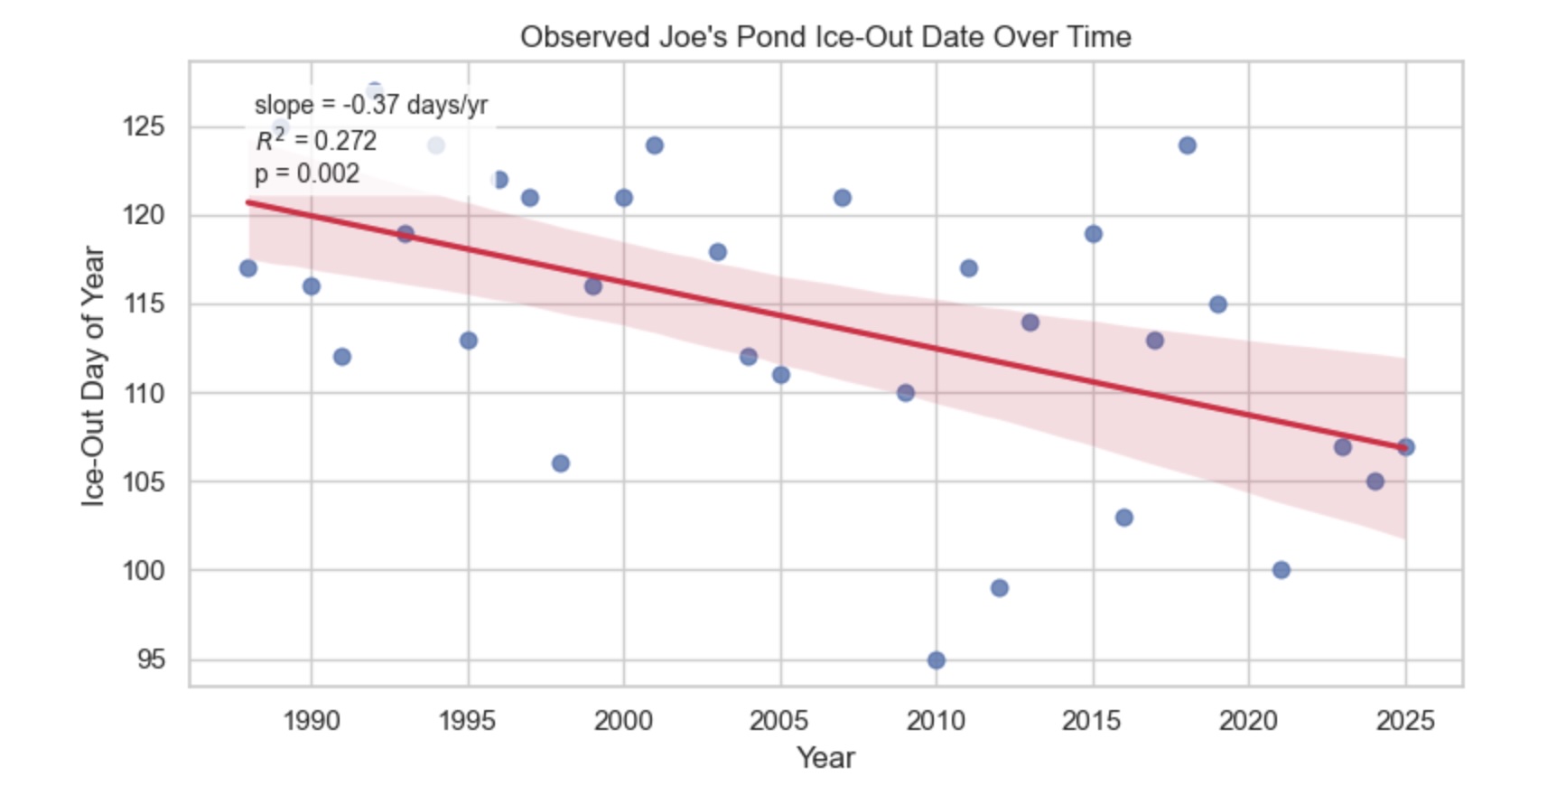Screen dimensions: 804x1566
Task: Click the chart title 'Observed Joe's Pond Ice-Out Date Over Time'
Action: pos(825,37)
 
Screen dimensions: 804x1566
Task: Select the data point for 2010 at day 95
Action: pos(937,660)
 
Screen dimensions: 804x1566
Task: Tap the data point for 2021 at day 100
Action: pos(1281,570)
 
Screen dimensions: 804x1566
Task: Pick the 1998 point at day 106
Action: pos(560,463)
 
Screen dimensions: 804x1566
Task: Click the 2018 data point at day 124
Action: pos(1188,145)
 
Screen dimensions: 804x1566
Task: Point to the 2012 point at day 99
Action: pos(999,588)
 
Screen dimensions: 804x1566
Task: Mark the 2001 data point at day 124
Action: pos(655,145)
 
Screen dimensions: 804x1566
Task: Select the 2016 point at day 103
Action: pos(1124,518)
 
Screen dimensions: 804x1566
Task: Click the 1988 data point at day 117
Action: pos(248,268)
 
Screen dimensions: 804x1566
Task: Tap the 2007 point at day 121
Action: pos(843,198)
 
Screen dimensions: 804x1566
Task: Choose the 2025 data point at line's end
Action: pos(1406,447)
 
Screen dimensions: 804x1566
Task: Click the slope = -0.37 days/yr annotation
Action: pos(370,105)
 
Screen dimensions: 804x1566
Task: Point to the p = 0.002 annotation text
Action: pos(307,173)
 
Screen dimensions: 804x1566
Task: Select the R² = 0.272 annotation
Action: pos(316,140)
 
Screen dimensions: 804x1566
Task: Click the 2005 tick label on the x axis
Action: pos(779,720)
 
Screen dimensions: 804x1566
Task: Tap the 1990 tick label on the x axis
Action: pos(311,720)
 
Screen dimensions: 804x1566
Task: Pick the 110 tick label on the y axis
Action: pos(144,393)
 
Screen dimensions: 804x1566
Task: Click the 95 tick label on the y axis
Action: pos(151,659)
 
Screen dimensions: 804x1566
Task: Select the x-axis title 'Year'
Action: pos(825,757)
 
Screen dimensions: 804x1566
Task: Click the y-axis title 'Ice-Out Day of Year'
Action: pos(93,376)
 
